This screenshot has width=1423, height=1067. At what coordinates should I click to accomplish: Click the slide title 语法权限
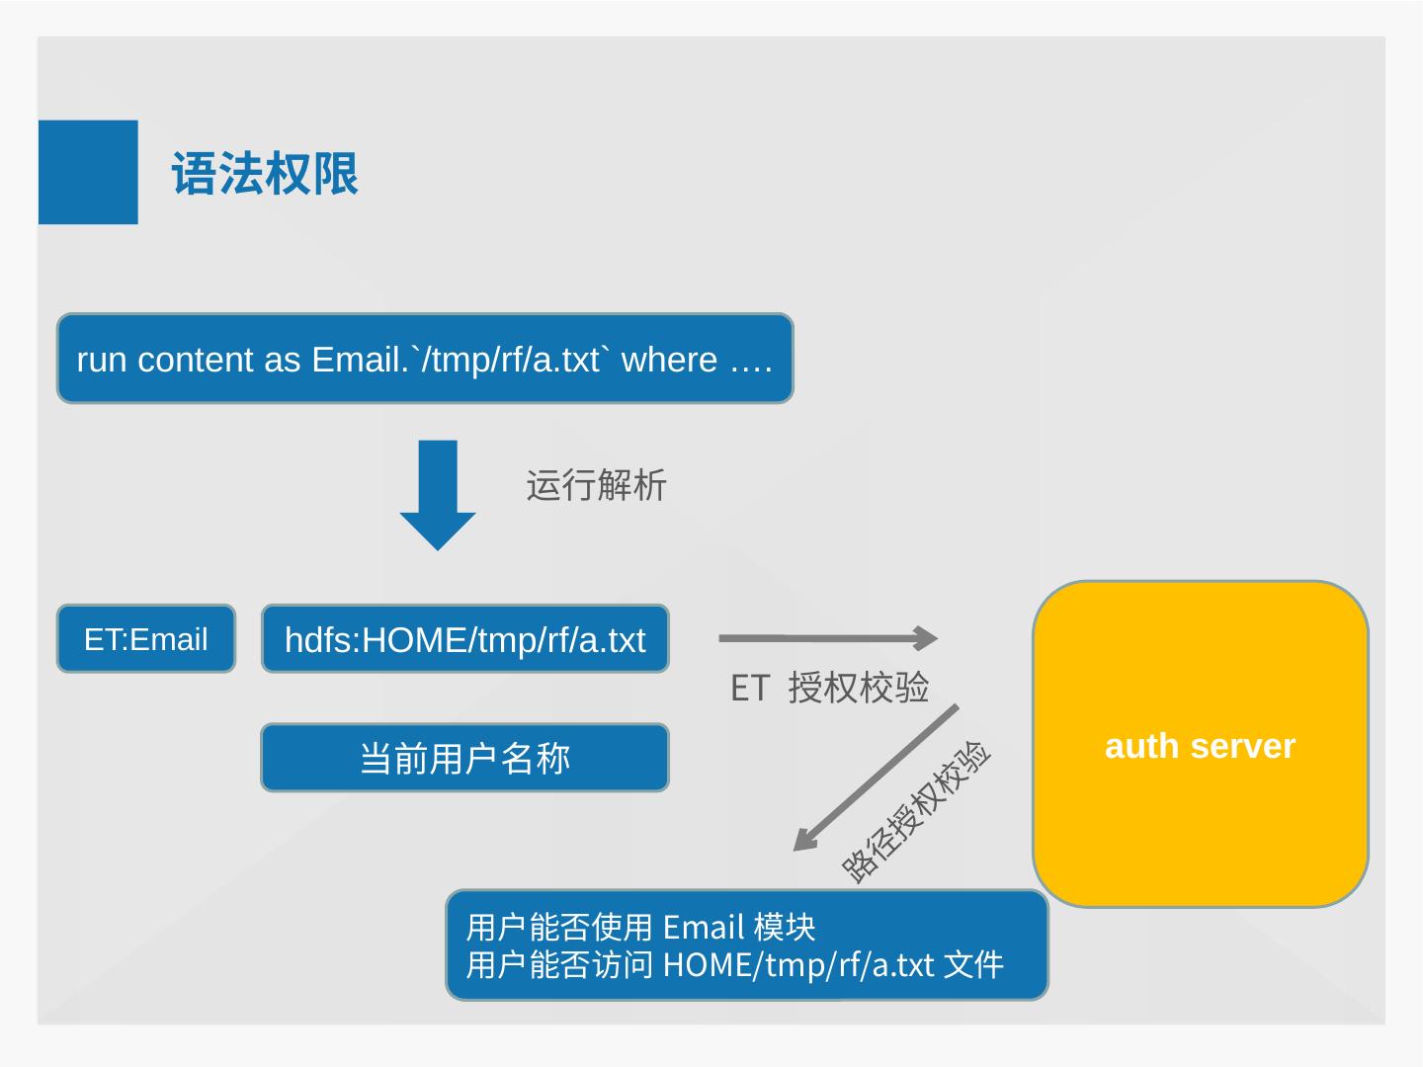[x=265, y=174]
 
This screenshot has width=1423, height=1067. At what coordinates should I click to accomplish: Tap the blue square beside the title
[x=88, y=172]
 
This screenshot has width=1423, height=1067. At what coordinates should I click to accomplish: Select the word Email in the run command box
[x=357, y=360]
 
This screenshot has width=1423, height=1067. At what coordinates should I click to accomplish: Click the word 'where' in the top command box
[x=669, y=360]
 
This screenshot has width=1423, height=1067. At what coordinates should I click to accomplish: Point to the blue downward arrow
[x=438, y=494]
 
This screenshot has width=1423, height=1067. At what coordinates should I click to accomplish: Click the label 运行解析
[x=596, y=486]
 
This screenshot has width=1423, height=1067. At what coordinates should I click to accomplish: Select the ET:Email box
[x=146, y=639]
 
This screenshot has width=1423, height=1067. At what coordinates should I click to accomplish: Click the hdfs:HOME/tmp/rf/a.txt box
[x=464, y=639]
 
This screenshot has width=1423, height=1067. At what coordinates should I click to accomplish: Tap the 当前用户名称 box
[x=464, y=758]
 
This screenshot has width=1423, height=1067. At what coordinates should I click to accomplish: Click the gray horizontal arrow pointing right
[x=828, y=638]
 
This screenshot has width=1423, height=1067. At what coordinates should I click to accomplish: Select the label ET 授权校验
[x=829, y=688]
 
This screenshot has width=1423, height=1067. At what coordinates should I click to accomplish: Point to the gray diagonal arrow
[x=876, y=778]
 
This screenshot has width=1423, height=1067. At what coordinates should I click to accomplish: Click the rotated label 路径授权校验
[x=916, y=811]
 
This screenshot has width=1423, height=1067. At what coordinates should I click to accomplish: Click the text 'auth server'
[x=1200, y=746]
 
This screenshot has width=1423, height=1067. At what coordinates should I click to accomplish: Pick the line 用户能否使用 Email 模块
[x=640, y=928]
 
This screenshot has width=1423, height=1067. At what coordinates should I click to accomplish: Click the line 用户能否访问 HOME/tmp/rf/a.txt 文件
[x=734, y=964]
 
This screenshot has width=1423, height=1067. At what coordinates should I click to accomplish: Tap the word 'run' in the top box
[x=102, y=360]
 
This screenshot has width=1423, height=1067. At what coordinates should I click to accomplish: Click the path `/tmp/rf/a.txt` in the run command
[x=513, y=360]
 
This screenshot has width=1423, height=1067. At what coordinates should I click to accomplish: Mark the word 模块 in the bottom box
[x=785, y=928]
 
